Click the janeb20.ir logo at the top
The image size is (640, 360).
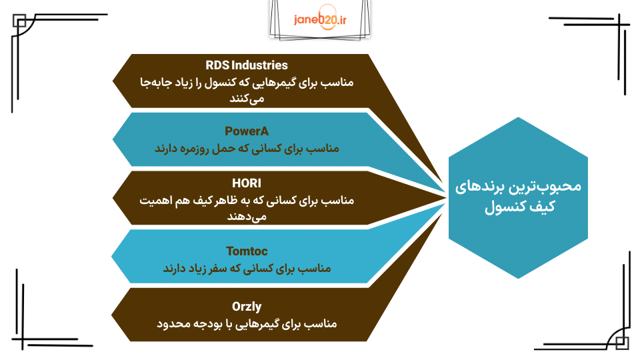320,21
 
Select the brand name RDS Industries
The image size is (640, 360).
247,65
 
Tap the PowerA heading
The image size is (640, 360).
247,131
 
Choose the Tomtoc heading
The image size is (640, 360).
247,251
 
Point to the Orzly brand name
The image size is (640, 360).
247,307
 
